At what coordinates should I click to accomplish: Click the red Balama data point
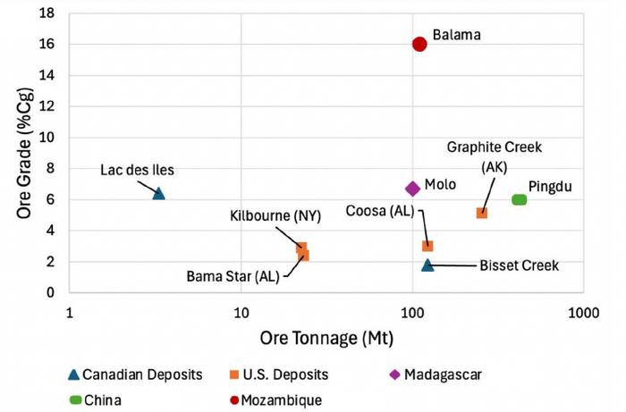point(419,44)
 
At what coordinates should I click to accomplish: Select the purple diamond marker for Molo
point(412,189)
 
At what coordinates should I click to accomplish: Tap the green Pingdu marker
point(519,199)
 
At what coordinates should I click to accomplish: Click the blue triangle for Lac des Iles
point(159,193)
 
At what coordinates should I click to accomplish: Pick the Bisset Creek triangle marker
point(427,265)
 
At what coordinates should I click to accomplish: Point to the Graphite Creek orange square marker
point(482,213)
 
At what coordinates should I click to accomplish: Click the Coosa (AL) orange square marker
point(427,246)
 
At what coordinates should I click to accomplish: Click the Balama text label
point(457,36)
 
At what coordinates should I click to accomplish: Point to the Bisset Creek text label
point(519,265)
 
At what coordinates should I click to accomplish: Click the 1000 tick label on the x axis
point(582,314)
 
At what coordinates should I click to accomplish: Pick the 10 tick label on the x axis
point(241,314)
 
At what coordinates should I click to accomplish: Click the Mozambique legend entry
point(277,399)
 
